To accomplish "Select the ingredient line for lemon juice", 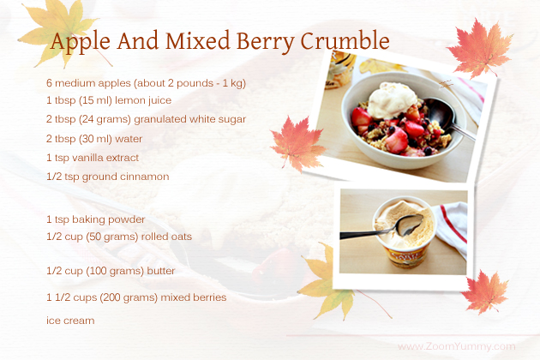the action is click(109, 100).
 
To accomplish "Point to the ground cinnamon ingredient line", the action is click(108, 177).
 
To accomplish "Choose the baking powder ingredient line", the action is click(96, 219).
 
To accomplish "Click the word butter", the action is click(161, 271).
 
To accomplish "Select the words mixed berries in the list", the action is click(194, 297).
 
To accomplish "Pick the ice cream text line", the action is click(70, 321).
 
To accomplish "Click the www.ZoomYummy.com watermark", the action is click(457, 346).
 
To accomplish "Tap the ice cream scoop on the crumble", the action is click(393, 99).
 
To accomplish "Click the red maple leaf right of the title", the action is click(479, 48).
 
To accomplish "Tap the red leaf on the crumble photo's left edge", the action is click(297, 144).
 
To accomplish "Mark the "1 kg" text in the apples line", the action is click(234, 83).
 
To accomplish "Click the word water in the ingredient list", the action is click(129, 139).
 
